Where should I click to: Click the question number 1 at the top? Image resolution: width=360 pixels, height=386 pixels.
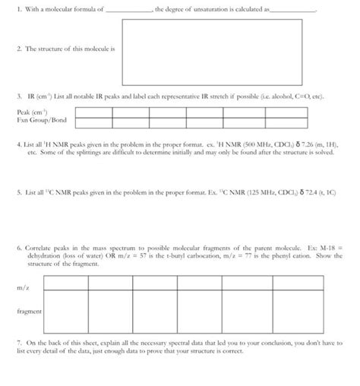17,9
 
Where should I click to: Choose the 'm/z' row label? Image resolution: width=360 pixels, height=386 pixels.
22,286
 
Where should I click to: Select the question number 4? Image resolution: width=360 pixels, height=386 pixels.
17,141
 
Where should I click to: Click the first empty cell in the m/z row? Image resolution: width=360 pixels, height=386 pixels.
65,286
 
